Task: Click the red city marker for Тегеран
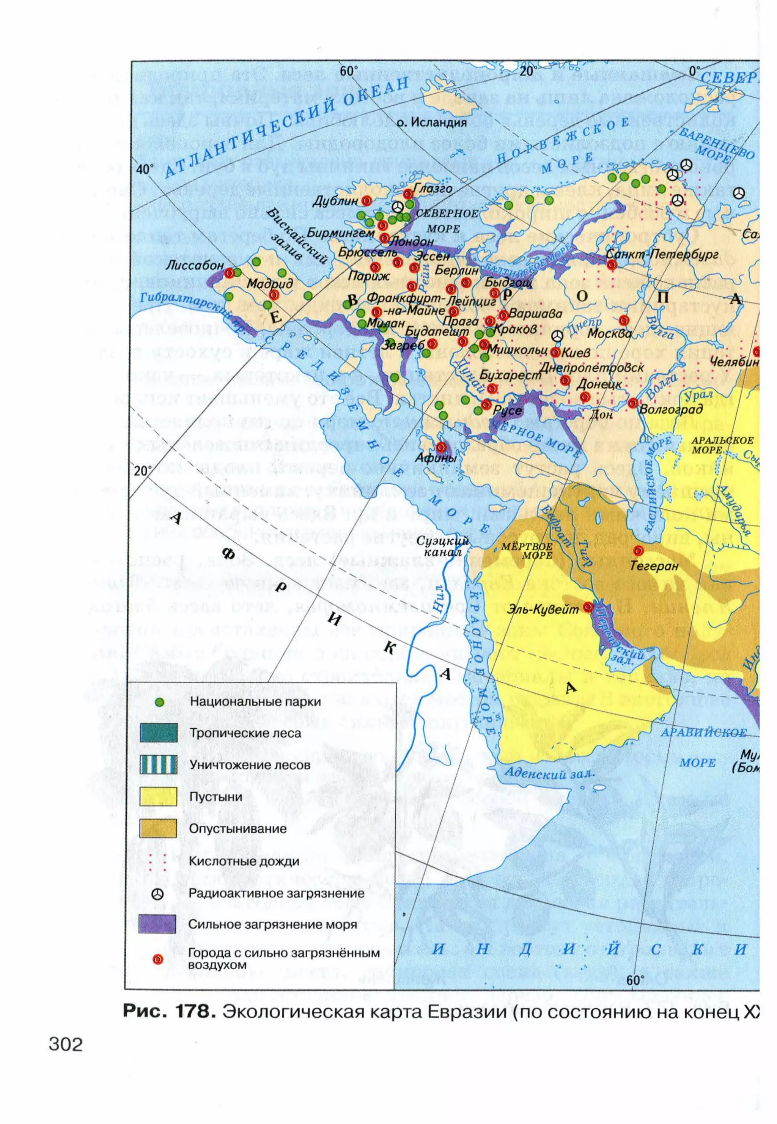[x=638, y=550]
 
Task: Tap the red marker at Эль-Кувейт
[x=588, y=607]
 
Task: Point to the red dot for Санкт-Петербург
[x=612, y=264]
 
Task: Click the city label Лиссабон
[x=194, y=266]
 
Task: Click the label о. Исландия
[x=431, y=123]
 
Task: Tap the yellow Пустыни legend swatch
[x=158, y=797]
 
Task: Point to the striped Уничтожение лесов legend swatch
[x=158, y=765]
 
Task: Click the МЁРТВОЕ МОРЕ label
[x=527, y=550]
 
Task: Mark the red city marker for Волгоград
[x=633, y=403]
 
